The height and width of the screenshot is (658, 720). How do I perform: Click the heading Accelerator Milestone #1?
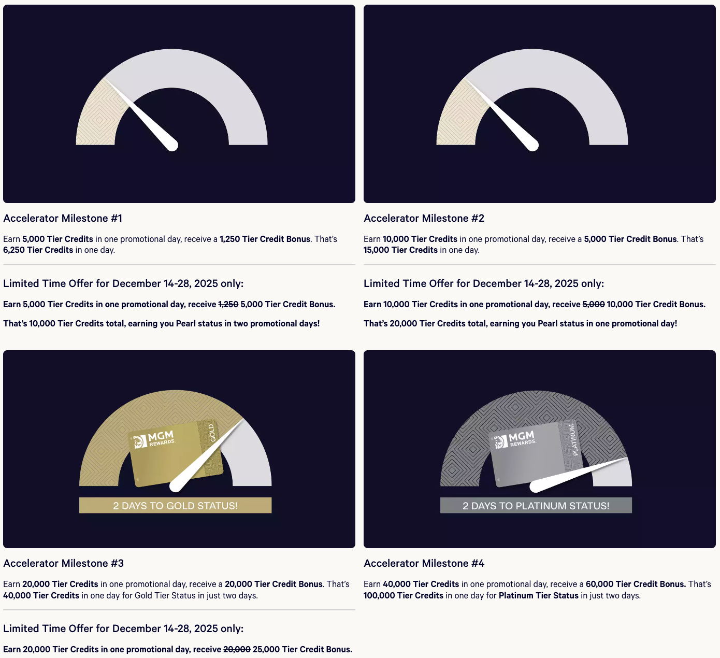63,218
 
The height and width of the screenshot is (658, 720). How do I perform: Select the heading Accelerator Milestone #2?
424,218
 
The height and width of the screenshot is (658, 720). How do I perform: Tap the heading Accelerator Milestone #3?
64,563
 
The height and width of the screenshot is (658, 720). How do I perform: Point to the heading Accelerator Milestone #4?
424,563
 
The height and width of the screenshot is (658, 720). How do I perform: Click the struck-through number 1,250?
228,305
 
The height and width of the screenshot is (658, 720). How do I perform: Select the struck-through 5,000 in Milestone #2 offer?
594,305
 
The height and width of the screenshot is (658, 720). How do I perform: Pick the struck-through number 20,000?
237,649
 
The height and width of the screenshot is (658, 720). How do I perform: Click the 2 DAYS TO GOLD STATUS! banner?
175,505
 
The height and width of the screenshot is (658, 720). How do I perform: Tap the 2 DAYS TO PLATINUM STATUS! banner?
536,505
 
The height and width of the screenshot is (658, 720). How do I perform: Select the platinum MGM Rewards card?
537,453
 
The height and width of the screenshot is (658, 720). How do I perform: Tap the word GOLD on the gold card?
212,433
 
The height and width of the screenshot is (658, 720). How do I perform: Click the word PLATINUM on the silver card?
573,440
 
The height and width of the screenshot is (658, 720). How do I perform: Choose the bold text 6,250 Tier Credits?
38,250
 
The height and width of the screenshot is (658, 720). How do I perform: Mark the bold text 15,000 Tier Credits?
400,250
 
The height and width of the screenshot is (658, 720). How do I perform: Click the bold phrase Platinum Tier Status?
538,595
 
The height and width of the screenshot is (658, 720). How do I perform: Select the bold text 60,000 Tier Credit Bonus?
636,584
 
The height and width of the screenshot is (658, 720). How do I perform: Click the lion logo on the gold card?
140,442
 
